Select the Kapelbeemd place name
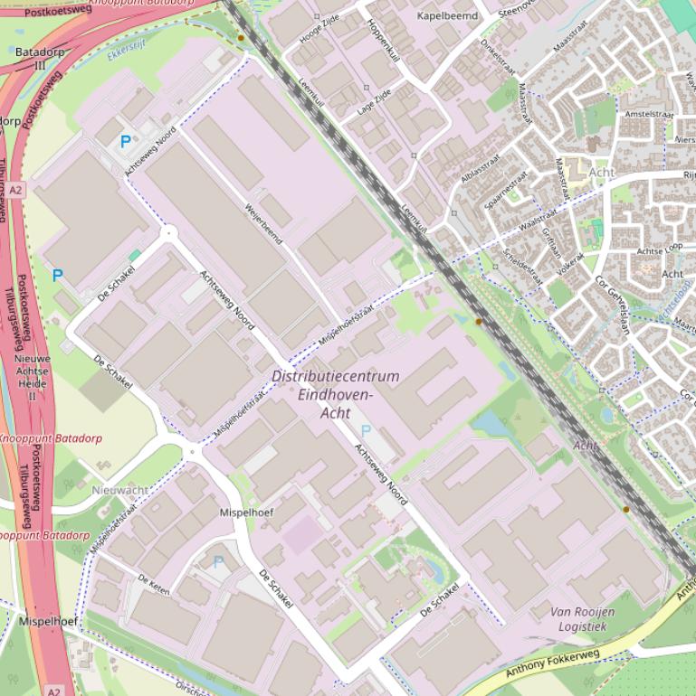pyautogui.click(x=446, y=16)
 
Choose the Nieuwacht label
pyautogui.click(x=119, y=489)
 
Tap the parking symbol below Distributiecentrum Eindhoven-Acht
pyautogui.click(x=367, y=431)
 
